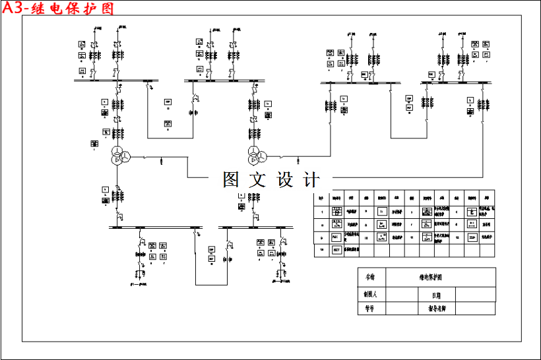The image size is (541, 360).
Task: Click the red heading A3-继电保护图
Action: (58, 9)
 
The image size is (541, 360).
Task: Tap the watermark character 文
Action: (259, 179)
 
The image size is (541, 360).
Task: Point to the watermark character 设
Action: (285, 179)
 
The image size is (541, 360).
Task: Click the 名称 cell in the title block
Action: (369, 276)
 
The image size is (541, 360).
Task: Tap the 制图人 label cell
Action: (369, 293)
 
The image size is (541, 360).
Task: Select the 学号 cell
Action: (369, 308)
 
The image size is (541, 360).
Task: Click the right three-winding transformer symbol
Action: (255, 158)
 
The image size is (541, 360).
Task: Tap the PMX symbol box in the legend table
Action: (336, 237)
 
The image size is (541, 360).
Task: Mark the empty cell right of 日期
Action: (475, 293)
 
